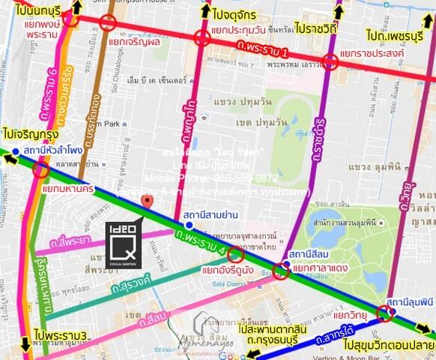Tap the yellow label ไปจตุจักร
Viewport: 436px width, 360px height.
click(231, 13)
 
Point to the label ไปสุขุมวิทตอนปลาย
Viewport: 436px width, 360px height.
click(389, 347)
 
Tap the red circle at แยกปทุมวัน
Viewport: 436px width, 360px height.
click(202, 39)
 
